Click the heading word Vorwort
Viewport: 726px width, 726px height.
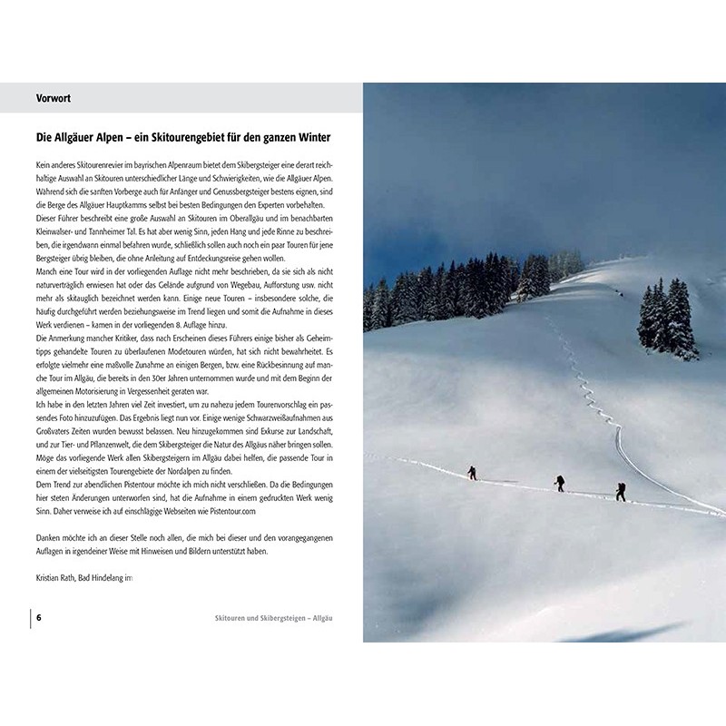[54, 98]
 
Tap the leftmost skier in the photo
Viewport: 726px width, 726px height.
[471, 473]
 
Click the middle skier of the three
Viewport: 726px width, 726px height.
[560, 483]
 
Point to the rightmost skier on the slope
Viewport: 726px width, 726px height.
[621, 491]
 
